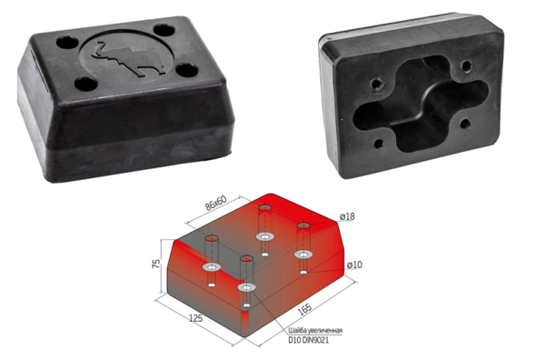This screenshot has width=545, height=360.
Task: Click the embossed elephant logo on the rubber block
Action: [127, 59]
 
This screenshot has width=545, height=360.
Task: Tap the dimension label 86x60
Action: [215, 203]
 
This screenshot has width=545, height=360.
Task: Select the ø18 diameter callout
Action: [347, 216]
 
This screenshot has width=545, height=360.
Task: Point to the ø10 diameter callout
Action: [354, 265]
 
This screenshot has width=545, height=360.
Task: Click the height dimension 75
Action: [156, 264]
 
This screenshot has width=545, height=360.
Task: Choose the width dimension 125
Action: [195, 318]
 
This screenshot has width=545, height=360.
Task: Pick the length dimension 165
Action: [305, 309]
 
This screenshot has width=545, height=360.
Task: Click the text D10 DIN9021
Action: [308, 340]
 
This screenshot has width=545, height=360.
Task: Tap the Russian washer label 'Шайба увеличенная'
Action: [315, 330]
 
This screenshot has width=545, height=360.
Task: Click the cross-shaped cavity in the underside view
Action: [421, 104]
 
